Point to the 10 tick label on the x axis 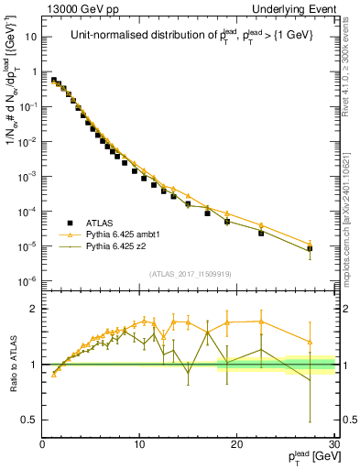coord(139,445)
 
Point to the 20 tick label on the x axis coord(237,445)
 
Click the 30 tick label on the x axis coord(333,445)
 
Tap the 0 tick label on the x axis coord(42,445)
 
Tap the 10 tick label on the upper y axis coord(30,38)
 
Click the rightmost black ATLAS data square coord(310,248)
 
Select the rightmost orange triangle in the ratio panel coord(310,343)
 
